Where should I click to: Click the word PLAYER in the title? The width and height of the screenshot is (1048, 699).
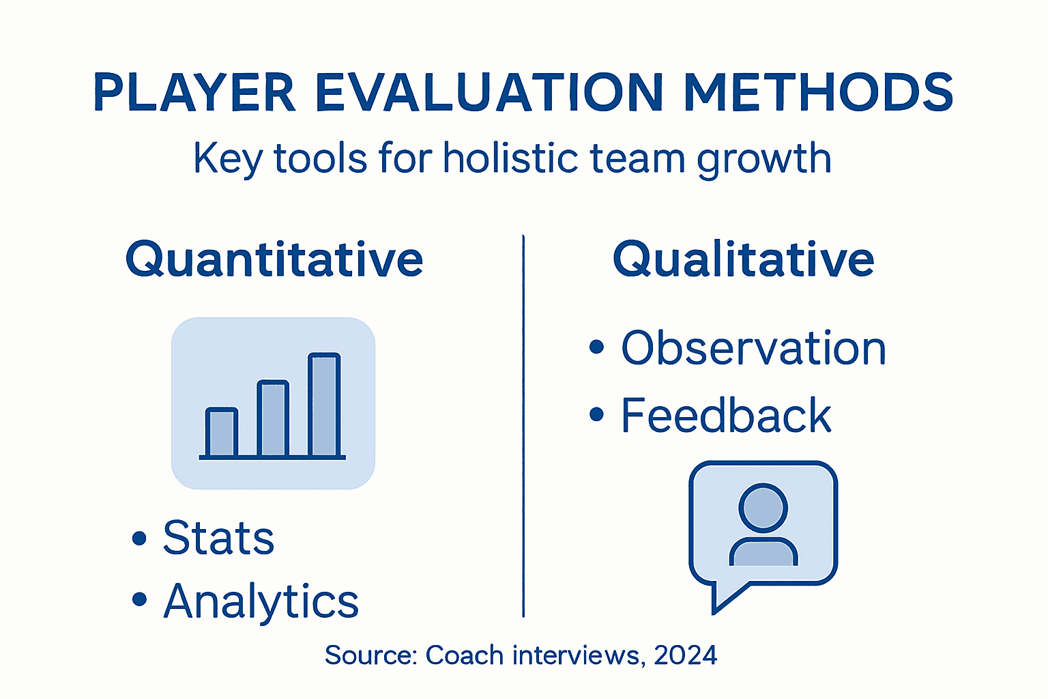coord(194,92)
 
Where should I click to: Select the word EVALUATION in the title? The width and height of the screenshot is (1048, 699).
coord(489,92)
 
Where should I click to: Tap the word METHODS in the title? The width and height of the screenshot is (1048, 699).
coord(818,92)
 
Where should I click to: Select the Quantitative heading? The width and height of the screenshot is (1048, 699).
coord(274,260)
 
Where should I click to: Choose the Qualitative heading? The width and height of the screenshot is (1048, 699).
coord(743,260)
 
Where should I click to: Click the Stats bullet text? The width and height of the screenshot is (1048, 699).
coord(218,538)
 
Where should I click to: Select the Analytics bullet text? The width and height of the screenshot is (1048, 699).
coord(261,602)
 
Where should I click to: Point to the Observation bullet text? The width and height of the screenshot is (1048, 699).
coord(753,348)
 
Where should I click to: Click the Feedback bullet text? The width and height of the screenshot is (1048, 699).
coord(726,415)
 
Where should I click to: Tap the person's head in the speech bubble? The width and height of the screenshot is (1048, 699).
coord(763,508)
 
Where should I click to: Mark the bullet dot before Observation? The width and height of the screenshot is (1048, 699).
coord(596,347)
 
